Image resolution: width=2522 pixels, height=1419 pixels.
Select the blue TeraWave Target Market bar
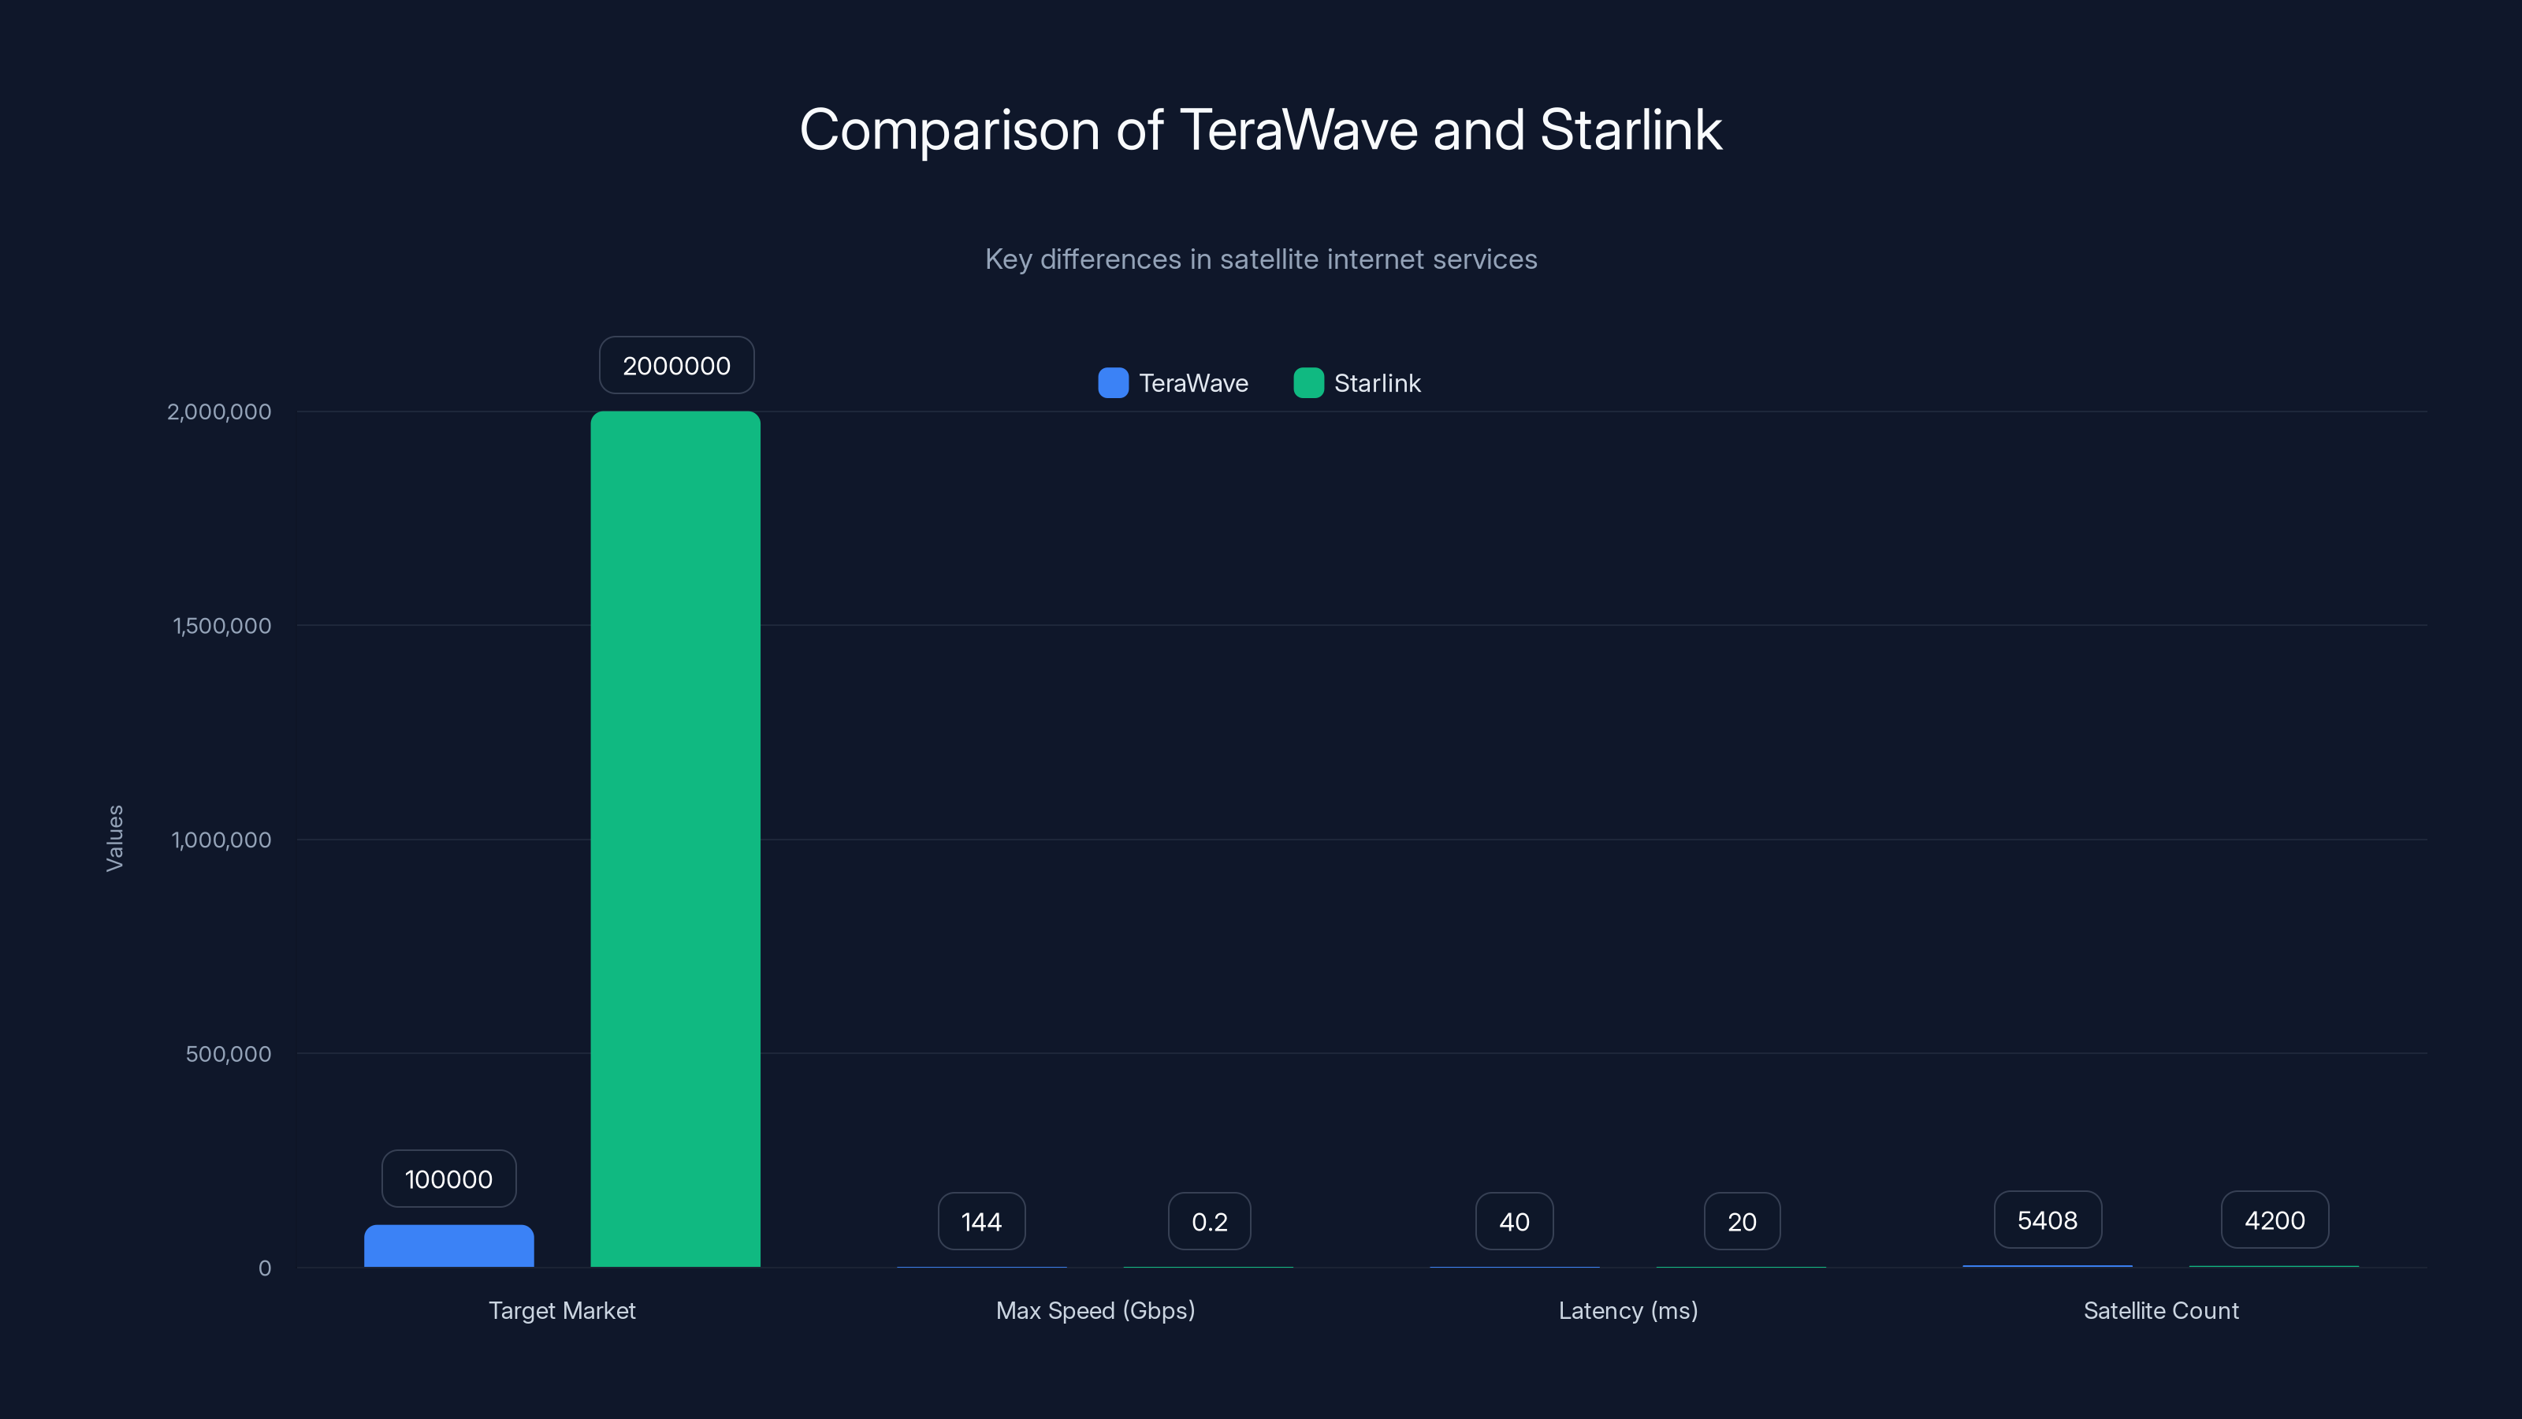tap(448, 1246)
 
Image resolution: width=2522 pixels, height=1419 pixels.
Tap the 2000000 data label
tap(676, 365)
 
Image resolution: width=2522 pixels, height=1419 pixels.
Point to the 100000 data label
tap(448, 1179)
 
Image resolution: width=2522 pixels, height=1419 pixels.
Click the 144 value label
tap(981, 1221)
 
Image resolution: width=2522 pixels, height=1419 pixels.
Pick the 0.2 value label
tap(1209, 1221)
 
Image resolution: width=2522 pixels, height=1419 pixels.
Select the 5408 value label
tap(2048, 1220)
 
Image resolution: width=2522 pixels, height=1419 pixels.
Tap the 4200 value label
tap(2275, 1220)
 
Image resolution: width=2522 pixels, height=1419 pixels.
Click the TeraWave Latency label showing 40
tap(1513, 1221)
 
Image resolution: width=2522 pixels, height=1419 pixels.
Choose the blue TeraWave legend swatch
tap(1113, 383)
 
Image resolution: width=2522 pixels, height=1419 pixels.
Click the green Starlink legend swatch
tap(1308, 383)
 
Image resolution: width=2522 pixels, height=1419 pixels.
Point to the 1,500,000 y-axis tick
tap(222, 626)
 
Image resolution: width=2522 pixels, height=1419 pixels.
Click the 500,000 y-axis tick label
tap(228, 1054)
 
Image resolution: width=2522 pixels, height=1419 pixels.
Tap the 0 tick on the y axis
tap(264, 1268)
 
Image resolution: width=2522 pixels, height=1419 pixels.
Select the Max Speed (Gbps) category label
tap(1095, 1310)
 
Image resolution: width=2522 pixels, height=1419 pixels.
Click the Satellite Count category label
tap(2161, 1310)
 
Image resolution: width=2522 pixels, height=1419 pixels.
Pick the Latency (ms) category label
tap(1627, 1310)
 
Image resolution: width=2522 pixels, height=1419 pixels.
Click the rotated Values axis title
tap(114, 838)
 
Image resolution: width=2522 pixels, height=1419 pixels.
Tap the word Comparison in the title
tap(950, 130)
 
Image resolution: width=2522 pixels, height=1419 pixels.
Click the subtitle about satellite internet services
tap(1261, 259)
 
